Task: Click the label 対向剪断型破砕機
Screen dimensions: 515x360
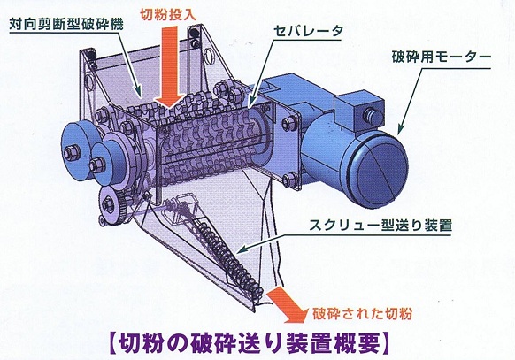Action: pyautogui.click(x=66, y=24)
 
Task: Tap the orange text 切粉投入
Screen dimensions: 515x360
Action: pyautogui.click(x=168, y=14)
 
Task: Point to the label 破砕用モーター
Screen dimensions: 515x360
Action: pyautogui.click(x=441, y=57)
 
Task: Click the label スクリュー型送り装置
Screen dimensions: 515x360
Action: pyautogui.click(x=380, y=226)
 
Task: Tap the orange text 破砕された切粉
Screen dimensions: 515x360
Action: pyautogui.click(x=362, y=314)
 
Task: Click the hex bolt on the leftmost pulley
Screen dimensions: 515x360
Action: pyautogui.click(x=73, y=153)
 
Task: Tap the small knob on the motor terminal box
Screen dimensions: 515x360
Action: pyautogui.click(x=374, y=116)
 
